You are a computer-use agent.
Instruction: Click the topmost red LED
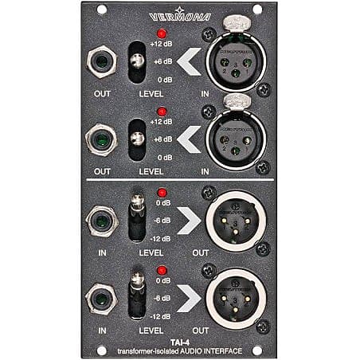[x=162, y=34]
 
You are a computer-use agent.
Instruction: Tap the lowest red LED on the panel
[x=162, y=270]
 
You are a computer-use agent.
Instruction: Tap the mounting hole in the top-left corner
[x=101, y=10]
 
